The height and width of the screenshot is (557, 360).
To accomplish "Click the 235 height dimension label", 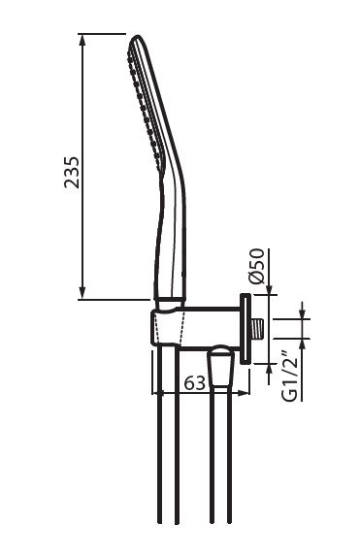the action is click(x=72, y=172).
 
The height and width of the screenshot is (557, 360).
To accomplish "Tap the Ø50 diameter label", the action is click(x=257, y=266).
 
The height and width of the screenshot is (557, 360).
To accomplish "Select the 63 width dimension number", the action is click(x=195, y=382).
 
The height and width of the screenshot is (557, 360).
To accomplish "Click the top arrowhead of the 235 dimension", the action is click(x=82, y=40).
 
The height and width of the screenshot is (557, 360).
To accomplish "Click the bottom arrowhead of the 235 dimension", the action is click(x=82, y=293).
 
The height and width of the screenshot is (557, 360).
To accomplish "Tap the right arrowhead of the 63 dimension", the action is click(x=244, y=393).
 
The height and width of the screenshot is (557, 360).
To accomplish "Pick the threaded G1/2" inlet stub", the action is click(x=258, y=329).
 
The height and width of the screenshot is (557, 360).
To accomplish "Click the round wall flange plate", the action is click(x=245, y=329).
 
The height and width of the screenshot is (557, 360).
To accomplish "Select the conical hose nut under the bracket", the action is click(x=221, y=367).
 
